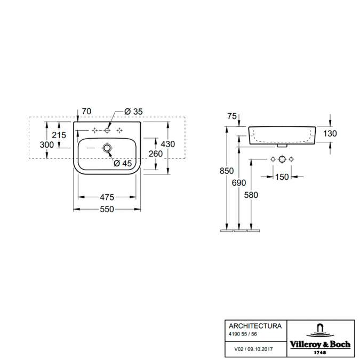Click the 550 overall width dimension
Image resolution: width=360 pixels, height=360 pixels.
(x=107, y=209)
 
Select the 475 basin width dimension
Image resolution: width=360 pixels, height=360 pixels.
(x=107, y=197)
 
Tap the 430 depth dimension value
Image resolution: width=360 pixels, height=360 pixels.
(x=168, y=144)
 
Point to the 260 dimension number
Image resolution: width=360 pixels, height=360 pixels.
(x=156, y=154)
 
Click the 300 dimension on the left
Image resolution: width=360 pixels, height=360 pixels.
(x=47, y=145)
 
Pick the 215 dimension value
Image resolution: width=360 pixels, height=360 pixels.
(x=59, y=135)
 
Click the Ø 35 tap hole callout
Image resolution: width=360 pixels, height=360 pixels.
(x=133, y=111)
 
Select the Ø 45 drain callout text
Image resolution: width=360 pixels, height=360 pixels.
(x=123, y=164)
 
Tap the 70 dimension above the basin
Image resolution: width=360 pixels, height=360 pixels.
(x=86, y=111)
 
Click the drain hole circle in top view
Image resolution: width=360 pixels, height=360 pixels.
(x=107, y=148)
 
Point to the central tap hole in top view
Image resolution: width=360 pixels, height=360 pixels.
(x=107, y=131)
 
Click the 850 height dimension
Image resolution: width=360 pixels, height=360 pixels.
(x=227, y=171)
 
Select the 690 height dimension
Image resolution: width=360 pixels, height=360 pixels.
(x=239, y=183)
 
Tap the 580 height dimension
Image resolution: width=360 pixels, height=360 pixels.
(x=251, y=195)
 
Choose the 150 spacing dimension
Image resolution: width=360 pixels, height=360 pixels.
(x=282, y=177)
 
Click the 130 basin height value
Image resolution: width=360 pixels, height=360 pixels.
(x=330, y=133)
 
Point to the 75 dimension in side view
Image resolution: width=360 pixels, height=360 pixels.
(x=232, y=116)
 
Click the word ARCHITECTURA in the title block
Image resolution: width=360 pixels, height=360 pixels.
(x=255, y=326)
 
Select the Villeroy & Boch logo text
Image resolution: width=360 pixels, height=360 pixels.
(x=321, y=344)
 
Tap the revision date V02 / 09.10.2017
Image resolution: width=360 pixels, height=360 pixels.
(x=253, y=349)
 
